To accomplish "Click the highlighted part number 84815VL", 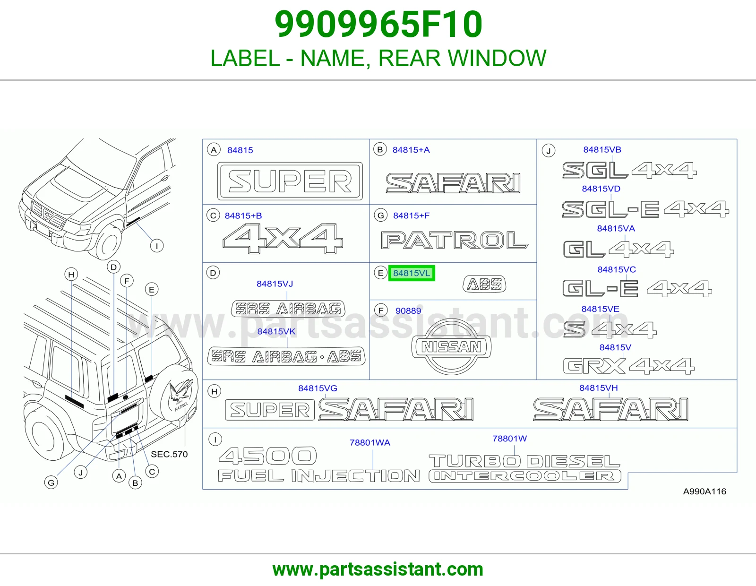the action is pyautogui.click(x=412, y=273).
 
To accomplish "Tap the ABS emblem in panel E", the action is pyautogui.click(x=484, y=284).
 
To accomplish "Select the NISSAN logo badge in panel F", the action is pyautogui.click(x=451, y=346).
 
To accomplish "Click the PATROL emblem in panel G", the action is pyautogui.click(x=455, y=240).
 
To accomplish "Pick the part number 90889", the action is pyautogui.click(x=408, y=311).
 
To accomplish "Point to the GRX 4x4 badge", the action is pyautogui.click(x=629, y=366).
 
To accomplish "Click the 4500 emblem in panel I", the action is pyautogui.click(x=267, y=456).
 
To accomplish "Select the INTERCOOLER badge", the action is pyautogui.click(x=524, y=476).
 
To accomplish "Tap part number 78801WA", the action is pyautogui.click(x=370, y=443).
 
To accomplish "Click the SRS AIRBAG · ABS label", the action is pyautogui.click(x=286, y=356).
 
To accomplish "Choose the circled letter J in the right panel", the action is pyautogui.click(x=548, y=151).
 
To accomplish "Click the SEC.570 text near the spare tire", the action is pyautogui.click(x=169, y=454).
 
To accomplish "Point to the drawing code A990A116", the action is pyautogui.click(x=704, y=491).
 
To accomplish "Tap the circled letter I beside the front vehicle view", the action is pyautogui.click(x=156, y=246).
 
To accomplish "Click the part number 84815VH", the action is pyautogui.click(x=598, y=388).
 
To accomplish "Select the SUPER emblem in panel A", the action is pyautogui.click(x=290, y=181).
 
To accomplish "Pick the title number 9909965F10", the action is pyautogui.click(x=378, y=24).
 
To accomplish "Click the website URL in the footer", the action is pyautogui.click(x=378, y=569).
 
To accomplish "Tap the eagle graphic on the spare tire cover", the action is pyautogui.click(x=180, y=391).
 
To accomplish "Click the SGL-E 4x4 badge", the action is pyautogui.click(x=645, y=209).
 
